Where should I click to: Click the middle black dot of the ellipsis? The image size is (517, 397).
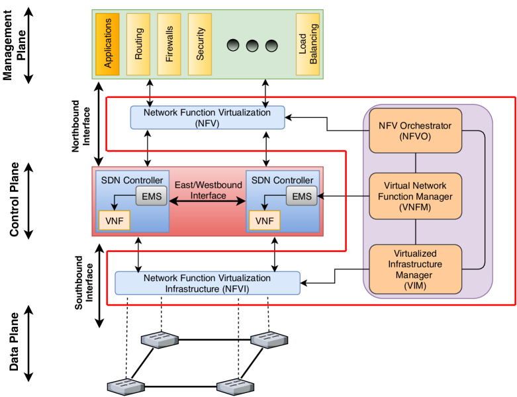pos(252,46)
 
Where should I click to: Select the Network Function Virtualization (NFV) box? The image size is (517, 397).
pos(207,117)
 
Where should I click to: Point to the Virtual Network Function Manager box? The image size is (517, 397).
pos(415,197)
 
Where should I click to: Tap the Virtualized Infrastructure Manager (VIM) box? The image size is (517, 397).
pos(415,269)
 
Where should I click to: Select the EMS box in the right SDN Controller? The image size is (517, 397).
pos(301,196)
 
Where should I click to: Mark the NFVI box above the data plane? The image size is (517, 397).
pos(207,283)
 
